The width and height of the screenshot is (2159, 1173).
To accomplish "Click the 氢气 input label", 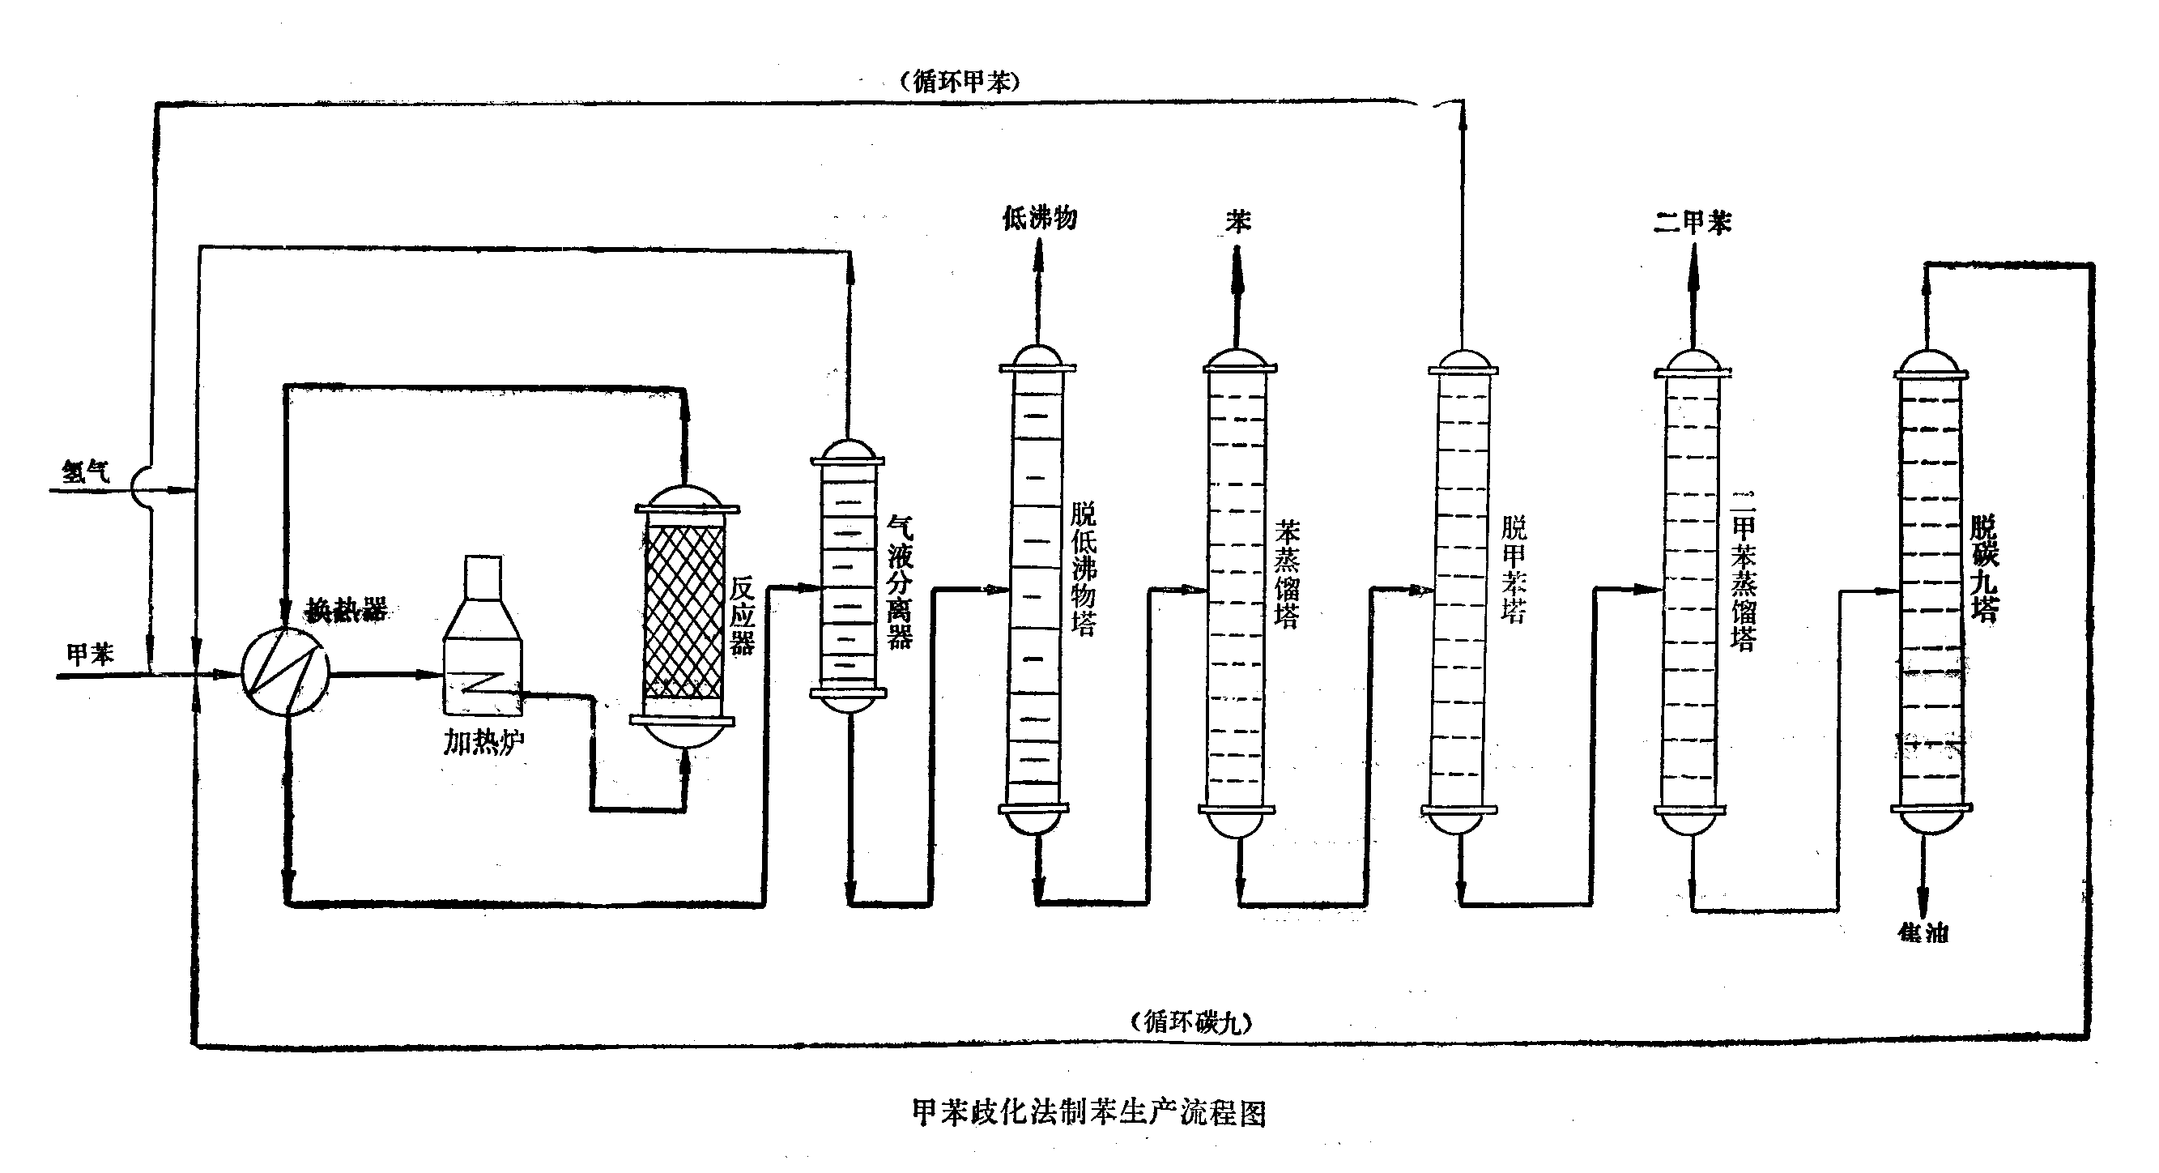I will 86,471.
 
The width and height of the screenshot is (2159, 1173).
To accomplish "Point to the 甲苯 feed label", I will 90,653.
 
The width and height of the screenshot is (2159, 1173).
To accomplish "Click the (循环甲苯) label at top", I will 960,81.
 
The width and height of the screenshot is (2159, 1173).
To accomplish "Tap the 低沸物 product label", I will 1039,219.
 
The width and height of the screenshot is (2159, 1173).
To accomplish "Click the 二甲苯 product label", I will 1693,223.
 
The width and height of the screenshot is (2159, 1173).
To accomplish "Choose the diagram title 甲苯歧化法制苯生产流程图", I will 1088,1112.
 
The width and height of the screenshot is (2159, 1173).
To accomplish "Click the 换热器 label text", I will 346,610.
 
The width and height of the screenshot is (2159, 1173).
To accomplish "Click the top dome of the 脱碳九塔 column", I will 1930,363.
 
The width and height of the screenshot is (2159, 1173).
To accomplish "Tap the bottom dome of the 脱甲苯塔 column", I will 1459,822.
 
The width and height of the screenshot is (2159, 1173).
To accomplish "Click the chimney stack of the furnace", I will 483,577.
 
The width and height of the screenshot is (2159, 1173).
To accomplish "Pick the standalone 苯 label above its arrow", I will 1238,221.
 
